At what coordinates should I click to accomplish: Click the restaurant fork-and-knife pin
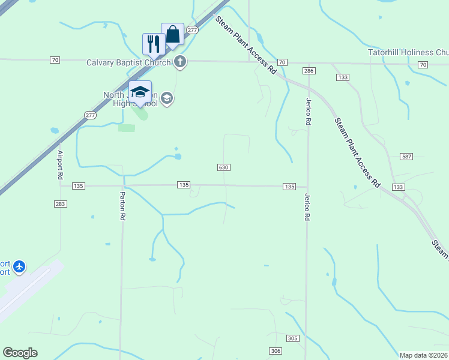tap(154, 43)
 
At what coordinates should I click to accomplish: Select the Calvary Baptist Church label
tap(128, 62)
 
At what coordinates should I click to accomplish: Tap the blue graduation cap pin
tap(140, 92)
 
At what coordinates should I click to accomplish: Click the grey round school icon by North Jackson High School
tap(167, 98)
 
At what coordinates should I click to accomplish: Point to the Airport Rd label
tap(60, 165)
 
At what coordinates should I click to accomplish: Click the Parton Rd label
tap(122, 206)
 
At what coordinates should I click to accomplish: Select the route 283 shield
tap(60, 204)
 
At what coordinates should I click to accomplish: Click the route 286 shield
tap(309, 71)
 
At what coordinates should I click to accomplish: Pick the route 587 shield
tap(406, 157)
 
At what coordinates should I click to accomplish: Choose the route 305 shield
tap(292, 339)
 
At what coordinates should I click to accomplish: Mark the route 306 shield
tap(275, 351)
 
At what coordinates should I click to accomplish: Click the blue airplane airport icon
tap(20, 265)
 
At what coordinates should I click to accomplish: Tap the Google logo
tap(20, 353)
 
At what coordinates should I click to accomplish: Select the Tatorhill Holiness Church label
tap(408, 52)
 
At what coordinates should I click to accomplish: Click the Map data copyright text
tap(424, 355)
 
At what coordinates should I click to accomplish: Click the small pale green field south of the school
tap(127, 127)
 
